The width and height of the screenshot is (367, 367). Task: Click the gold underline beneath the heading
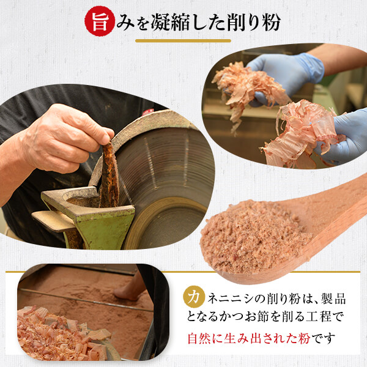pos(183,41)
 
